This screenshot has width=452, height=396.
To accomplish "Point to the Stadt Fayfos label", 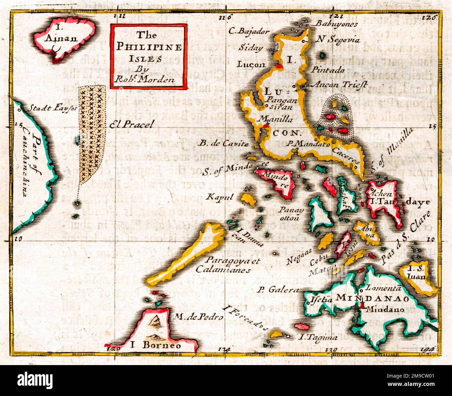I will pyautogui.click(x=52, y=108).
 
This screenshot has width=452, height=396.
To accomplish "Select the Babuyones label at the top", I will pyautogui.click(x=337, y=24).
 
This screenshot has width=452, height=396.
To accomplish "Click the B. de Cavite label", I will pyautogui.click(x=224, y=143).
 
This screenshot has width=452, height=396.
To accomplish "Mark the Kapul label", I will pyautogui.click(x=220, y=197).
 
